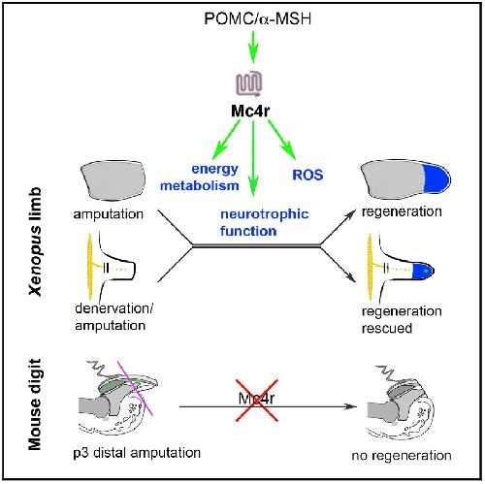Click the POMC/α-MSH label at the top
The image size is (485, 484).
pyautogui.click(x=258, y=18)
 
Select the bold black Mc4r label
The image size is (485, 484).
pyautogui.click(x=250, y=111)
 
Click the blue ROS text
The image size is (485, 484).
pyautogui.click(x=307, y=175)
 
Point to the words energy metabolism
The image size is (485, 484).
pyautogui.click(x=200, y=177)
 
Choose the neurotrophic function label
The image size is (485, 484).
pyautogui.click(x=265, y=222)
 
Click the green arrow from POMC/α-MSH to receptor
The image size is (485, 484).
pyautogui.click(x=253, y=47)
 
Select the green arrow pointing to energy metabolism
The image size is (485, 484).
pyautogui.click(x=226, y=140)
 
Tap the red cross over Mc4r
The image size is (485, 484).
pyautogui.click(x=257, y=401)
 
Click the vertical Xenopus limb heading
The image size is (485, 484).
pyautogui.click(x=35, y=242)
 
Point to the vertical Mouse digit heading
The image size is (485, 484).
pyautogui.click(x=35, y=404)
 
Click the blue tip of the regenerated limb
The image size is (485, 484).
pyautogui.click(x=437, y=178)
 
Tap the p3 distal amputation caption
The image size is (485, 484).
pyautogui.click(x=137, y=452)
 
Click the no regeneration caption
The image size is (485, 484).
pyautogui.click(x=402, y=455)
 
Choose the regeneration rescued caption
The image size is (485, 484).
pyautogui.click(x=402, y=319)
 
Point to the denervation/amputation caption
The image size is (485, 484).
pyautogui.click(x=113, y=316)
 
